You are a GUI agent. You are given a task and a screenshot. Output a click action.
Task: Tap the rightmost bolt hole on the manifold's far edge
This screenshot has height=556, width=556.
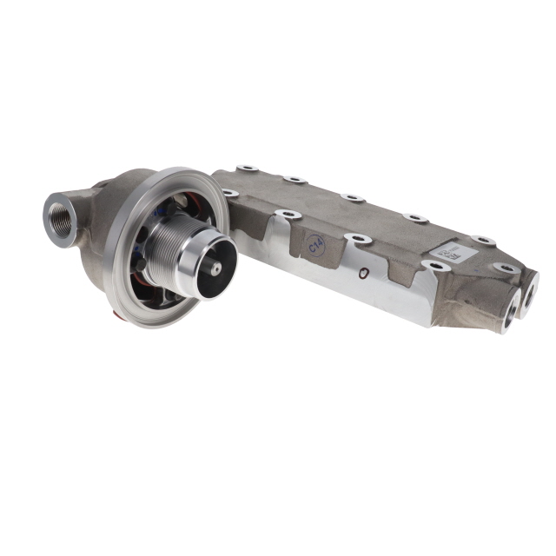pyautogui.click(x=480, y=239)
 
